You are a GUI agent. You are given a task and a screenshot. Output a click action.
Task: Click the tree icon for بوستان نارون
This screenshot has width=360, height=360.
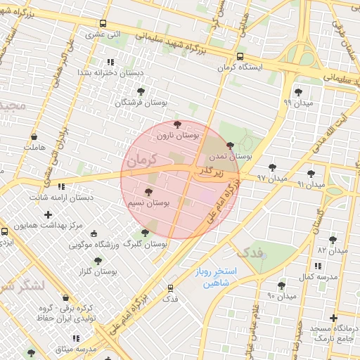(x=176, y=124)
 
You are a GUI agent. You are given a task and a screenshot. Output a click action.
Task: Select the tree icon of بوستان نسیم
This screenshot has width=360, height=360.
(x=148, y=191)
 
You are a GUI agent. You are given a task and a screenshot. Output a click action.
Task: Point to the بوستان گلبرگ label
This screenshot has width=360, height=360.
(x=145, y=245)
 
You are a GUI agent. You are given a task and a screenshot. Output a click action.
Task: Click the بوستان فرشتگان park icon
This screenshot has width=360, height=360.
(x=141, y=91)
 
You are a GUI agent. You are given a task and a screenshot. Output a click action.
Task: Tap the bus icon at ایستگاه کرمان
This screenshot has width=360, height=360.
(x=240, y=56)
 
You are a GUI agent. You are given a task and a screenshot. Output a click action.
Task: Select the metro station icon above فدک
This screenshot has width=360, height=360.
(x=170, y=288)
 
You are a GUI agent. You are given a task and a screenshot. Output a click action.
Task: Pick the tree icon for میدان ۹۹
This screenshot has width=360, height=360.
(x=298, y=91)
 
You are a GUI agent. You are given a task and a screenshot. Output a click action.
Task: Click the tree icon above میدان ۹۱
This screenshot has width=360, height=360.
(x=311, y=173)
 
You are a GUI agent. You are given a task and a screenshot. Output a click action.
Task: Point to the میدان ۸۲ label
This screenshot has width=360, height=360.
(x=333, y=250)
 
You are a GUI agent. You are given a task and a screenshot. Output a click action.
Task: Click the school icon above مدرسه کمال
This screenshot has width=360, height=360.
(x=318, y=266)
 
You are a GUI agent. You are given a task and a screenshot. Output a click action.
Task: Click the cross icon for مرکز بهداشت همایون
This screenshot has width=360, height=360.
(x=48, y=214)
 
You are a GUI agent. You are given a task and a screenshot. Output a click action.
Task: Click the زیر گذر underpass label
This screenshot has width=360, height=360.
(x=209, y=171)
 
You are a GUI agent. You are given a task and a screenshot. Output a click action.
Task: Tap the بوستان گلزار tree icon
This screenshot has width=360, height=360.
(x=98, y=261)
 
